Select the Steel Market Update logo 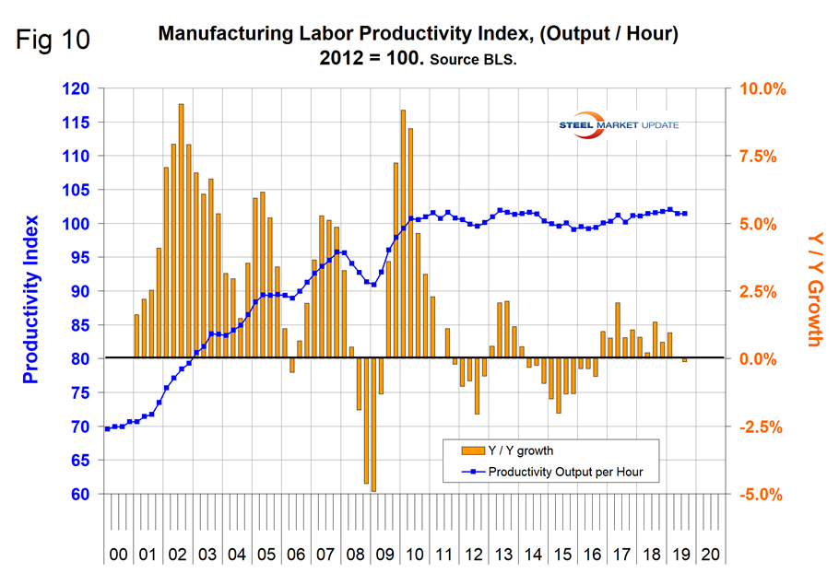[619, 124]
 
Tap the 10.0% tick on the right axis [759, 89]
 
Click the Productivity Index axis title [30, 298]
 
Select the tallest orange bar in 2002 [181, 230]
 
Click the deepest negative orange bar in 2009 [373, 424]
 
